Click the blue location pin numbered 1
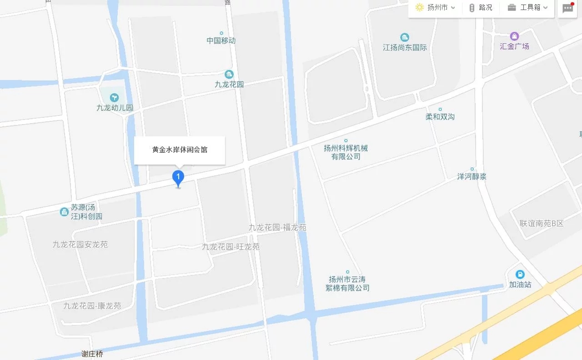coord(178,178)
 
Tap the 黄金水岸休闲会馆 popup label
coord(180,150)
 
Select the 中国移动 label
coord(221,40)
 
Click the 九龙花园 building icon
coord(229,74)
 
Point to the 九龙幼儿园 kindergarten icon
coord(114,97)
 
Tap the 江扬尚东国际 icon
coord(404,37)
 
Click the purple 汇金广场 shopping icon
coord(514,36)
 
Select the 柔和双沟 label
coord(440,117)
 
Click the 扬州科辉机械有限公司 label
coord(346,152)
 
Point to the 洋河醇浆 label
coord(472,176)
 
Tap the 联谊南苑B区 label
coord(542,223)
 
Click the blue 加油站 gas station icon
coord(520,275)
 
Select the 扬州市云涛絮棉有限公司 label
coord(347,284)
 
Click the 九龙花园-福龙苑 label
coord(277,227)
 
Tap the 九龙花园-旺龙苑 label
coord(231,247)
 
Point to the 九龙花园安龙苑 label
coord(80,245)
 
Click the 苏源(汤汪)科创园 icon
coord(64,211)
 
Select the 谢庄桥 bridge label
coord(92,354)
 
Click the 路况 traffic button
coord(481,8)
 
